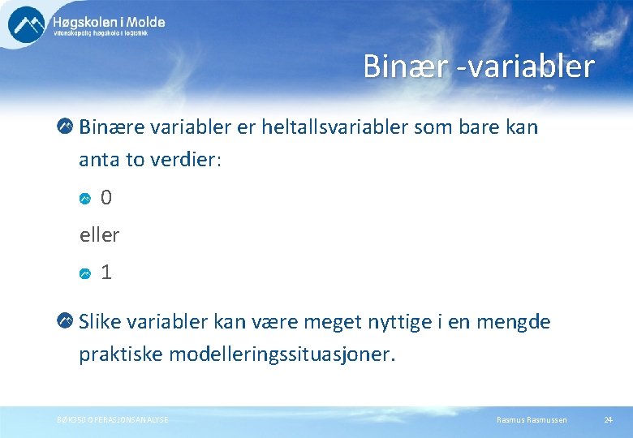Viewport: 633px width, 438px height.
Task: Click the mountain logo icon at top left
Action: pos(27,24)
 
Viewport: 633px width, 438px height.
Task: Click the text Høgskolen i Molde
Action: pos(109,22)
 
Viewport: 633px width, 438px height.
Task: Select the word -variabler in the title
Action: pos(525,67)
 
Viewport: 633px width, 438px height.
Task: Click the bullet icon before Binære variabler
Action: pos(66,127)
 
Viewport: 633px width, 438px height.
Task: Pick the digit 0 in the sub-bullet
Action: pos(106,198)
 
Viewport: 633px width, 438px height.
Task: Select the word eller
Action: pos(99,235)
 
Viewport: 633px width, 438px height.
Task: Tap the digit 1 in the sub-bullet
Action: pos(106,273)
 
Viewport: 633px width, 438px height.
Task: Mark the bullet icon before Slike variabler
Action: pos(66,322)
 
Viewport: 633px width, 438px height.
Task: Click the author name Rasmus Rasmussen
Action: pos(532,419)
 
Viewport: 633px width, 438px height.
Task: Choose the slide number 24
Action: pos(608,419)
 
